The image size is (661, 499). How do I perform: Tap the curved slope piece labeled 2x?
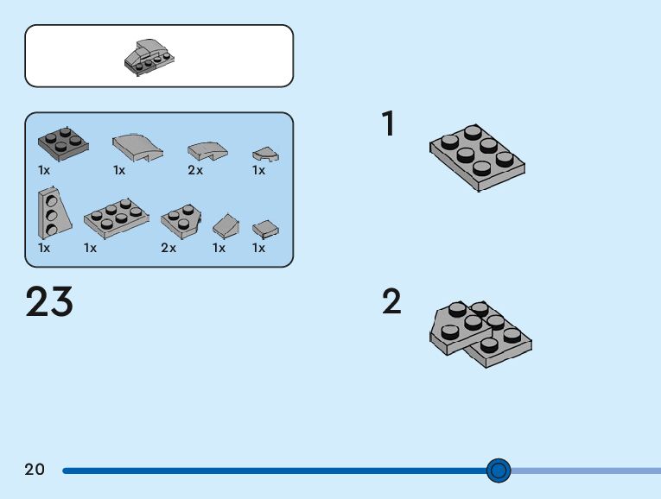tap(207, 151)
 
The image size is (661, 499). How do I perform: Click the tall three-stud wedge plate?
tap(48, 213)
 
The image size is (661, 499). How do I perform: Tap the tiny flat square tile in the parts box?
tap(264, 228)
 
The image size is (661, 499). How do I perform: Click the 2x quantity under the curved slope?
tap(195, 170)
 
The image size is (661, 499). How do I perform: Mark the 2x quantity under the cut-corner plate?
tap(168, 248)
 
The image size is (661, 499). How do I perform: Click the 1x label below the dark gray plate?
tap(44, 170)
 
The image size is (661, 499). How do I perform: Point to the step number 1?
tap(388, 124)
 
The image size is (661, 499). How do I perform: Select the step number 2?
tap(391, 302)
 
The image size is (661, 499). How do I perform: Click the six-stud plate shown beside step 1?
tap(477, 156)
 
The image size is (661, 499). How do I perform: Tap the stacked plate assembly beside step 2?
tap(480, 333)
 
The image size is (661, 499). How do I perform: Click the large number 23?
tap(49, 302)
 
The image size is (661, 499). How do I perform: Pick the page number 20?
tap(35, 470)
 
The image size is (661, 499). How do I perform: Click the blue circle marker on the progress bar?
tap(499, 471)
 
